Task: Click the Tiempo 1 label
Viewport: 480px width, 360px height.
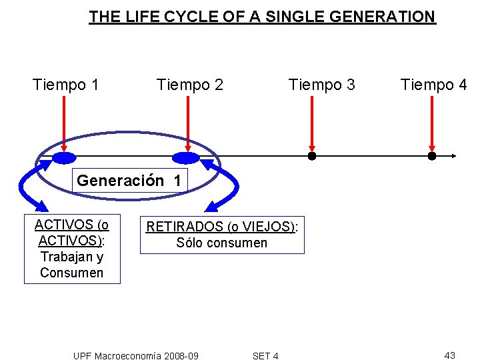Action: (x=66, y=85)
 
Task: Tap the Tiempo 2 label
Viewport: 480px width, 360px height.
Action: (x=189, y=85)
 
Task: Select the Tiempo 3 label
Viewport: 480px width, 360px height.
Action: (x=321, y=85)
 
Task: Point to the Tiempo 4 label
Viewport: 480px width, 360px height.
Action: (x=433, y=85)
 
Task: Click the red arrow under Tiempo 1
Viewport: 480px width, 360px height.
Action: (x=63, y=124)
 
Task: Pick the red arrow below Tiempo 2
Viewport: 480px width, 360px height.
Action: (x=188, y=124)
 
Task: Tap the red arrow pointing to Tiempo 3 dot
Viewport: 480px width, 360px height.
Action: (x=312, y=124)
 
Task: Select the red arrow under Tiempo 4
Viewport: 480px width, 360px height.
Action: (x=432, y=124)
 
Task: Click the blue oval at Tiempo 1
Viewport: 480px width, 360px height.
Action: (x=65, y=158)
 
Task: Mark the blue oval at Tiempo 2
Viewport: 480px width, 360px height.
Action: (x=185, y=158)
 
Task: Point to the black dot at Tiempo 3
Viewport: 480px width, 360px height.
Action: (x=311, y=157)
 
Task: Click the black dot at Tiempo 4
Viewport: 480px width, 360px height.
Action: (x=431, y=157)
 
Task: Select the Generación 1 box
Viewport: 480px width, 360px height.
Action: (x=129, y=181)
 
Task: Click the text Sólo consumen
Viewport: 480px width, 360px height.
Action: (x=221, y=243)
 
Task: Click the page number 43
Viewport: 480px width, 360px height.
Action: (x=449, y=355)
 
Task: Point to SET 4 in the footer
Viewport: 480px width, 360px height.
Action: (x=265, y=356)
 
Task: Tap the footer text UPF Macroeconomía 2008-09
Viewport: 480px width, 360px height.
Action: (x=135, y=356)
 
